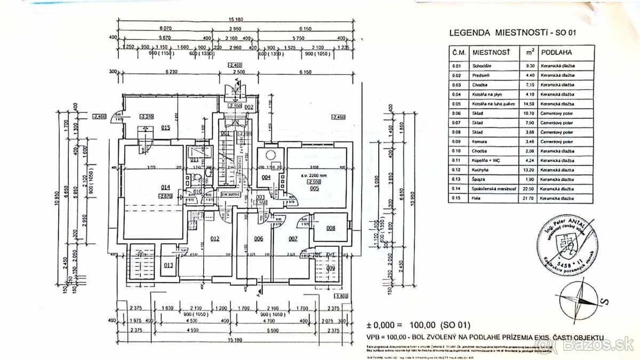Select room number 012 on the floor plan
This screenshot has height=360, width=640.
[x=215, y=238]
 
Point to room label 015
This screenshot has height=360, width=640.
[x=166, y=127]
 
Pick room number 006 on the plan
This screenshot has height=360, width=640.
[x=259, y=238]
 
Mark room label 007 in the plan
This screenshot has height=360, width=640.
[x=292, y=238]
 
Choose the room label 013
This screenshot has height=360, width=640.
[x=169, y=265]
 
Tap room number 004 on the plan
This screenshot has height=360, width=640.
[x=266, y=177]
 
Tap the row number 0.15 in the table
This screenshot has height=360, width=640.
[x=457, y=198]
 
